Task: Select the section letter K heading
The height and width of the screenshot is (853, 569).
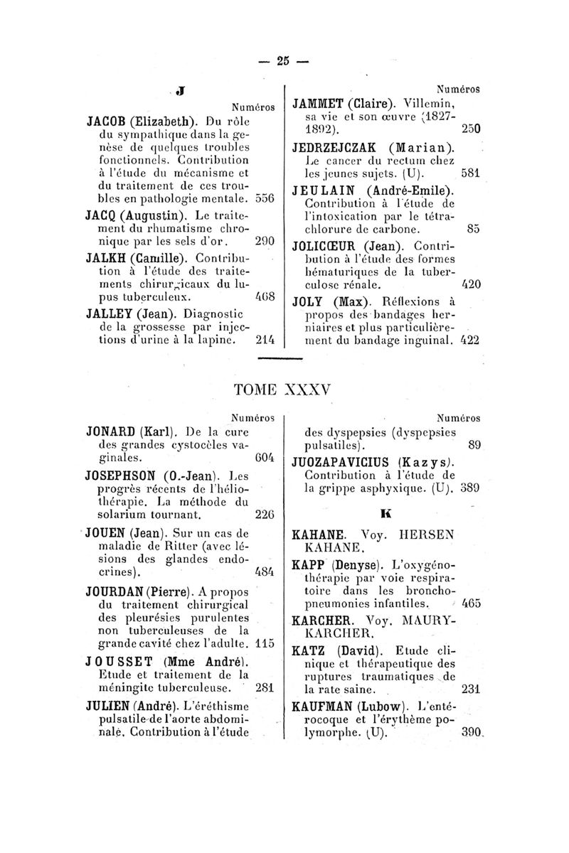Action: click(383, 511)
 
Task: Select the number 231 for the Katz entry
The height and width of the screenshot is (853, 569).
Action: click(472, 689)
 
